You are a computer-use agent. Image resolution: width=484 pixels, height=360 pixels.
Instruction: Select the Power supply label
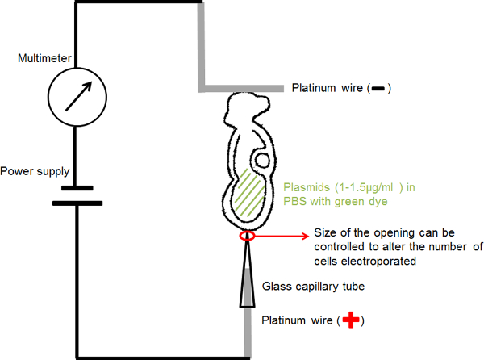(35, 171)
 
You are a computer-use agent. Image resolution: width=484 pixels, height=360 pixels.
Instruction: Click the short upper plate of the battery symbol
(76, 190)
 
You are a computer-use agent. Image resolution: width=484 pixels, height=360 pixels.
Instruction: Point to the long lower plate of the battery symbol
(76, 202)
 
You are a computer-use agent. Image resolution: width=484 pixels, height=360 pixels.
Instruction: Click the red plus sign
(350, 320)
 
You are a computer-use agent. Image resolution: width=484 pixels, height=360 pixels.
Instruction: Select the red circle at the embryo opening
(247, 237)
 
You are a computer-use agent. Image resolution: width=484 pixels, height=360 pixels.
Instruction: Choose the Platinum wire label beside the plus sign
(299, 320)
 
